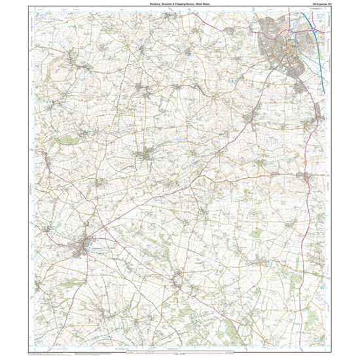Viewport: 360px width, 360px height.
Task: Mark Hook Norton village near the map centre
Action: click(147, 156)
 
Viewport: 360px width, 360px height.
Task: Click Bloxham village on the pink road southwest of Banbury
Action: click(249, 118)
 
